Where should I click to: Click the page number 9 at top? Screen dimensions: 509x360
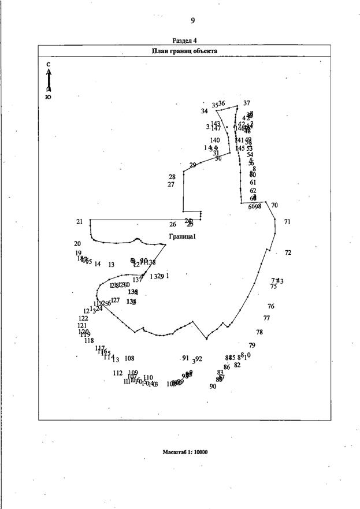192,21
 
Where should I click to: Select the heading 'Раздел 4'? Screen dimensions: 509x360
184,40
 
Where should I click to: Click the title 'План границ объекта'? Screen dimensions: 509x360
184,51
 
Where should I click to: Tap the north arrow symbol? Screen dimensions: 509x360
49,80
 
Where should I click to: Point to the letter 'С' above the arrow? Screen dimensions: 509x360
49,64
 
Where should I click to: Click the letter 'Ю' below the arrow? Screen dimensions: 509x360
48,97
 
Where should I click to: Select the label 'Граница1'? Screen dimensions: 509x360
183,236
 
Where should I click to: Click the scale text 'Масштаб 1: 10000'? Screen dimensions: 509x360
185,452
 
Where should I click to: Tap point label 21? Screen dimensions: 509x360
79,222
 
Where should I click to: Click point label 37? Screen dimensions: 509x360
247,103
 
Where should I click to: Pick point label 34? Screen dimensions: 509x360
205,112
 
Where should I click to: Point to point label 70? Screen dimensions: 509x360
274,205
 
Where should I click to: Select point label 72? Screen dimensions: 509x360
288,252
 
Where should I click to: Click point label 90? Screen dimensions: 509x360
213,387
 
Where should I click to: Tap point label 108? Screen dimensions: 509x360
129,359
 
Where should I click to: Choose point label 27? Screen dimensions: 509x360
171,185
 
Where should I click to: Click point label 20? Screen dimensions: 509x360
77,244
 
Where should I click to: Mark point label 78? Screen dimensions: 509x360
259,332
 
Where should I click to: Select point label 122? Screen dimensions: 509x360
83,318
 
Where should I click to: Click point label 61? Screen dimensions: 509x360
253,183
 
